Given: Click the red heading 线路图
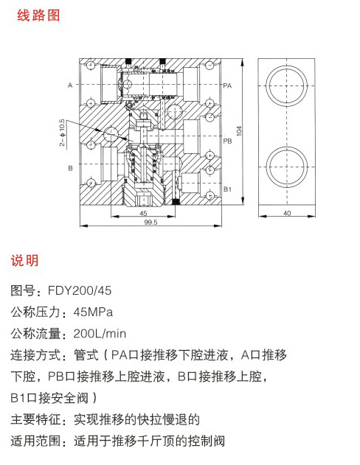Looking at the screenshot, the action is (x=38, y=15).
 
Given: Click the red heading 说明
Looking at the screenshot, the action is (x=24, y=260).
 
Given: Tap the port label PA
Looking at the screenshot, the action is (x=227, y=85).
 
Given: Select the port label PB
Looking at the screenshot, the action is (x=227, y=141).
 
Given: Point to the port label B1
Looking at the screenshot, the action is (x=227, y=189).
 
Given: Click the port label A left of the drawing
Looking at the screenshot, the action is (x=70, y=85).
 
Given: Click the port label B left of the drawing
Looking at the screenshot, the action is (x=70, y=168).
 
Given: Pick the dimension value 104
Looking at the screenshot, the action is (x=239, y=130).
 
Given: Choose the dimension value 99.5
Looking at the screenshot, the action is (x=150, y=222).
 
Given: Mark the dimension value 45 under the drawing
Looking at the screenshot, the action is (x=143, y=213).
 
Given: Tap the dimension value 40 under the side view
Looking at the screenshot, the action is (x=287, y=213).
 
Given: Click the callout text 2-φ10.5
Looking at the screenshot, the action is (x=62, y=133).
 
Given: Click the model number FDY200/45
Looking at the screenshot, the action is (x=80, y=290).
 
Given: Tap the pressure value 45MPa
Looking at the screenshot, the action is (x=93, y=312).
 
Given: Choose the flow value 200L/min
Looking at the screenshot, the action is (x=100, y=334).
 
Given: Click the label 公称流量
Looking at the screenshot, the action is (x=35, y=334).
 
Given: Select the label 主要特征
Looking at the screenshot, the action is (x=35, y=419).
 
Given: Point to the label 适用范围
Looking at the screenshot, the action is (x=35, y=441).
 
